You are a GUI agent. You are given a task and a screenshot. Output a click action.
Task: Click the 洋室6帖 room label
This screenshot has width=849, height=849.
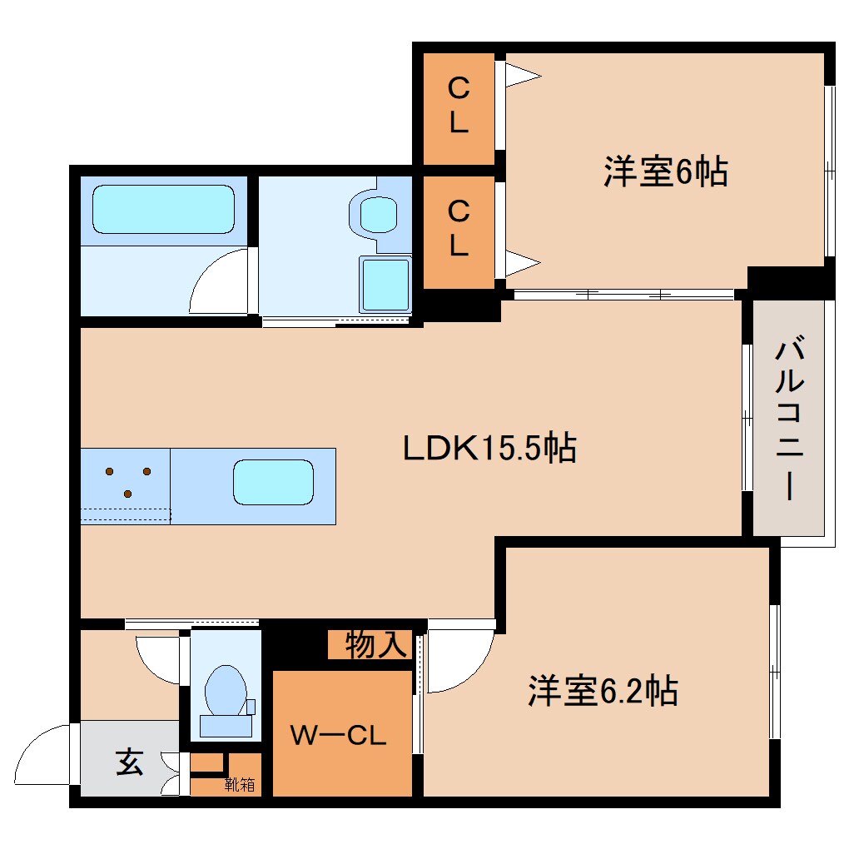(x=665, y=172)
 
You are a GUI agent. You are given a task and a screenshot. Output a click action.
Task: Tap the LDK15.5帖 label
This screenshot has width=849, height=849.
(x=489, y=449)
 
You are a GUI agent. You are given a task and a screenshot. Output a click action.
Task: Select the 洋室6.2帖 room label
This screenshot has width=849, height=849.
(x=602, y=691)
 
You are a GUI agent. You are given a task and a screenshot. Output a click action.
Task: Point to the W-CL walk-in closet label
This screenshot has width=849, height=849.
(x=338, y=734)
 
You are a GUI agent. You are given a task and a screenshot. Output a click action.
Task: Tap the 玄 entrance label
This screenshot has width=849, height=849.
(x=129, y=762)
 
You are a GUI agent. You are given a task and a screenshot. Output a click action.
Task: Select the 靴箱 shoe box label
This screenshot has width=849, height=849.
(x=240, y=784)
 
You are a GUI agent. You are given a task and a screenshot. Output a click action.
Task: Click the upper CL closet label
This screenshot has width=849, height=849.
(x=459, y=105)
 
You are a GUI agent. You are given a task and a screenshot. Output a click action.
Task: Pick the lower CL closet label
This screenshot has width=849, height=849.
(x=459, y=230)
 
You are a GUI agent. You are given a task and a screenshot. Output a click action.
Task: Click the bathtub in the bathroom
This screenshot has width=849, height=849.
(x=163, y=209)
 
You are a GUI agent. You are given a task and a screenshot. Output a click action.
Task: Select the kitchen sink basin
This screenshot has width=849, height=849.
(x=273, y=482)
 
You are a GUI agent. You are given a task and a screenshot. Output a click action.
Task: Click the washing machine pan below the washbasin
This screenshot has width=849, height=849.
(x=385, y=284)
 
